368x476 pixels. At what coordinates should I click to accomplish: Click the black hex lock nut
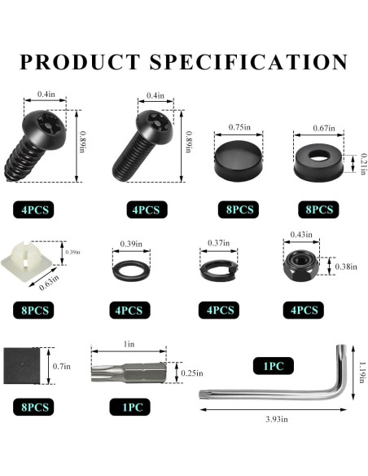click(301, 265)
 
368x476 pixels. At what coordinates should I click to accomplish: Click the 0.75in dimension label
click(239, 127)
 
